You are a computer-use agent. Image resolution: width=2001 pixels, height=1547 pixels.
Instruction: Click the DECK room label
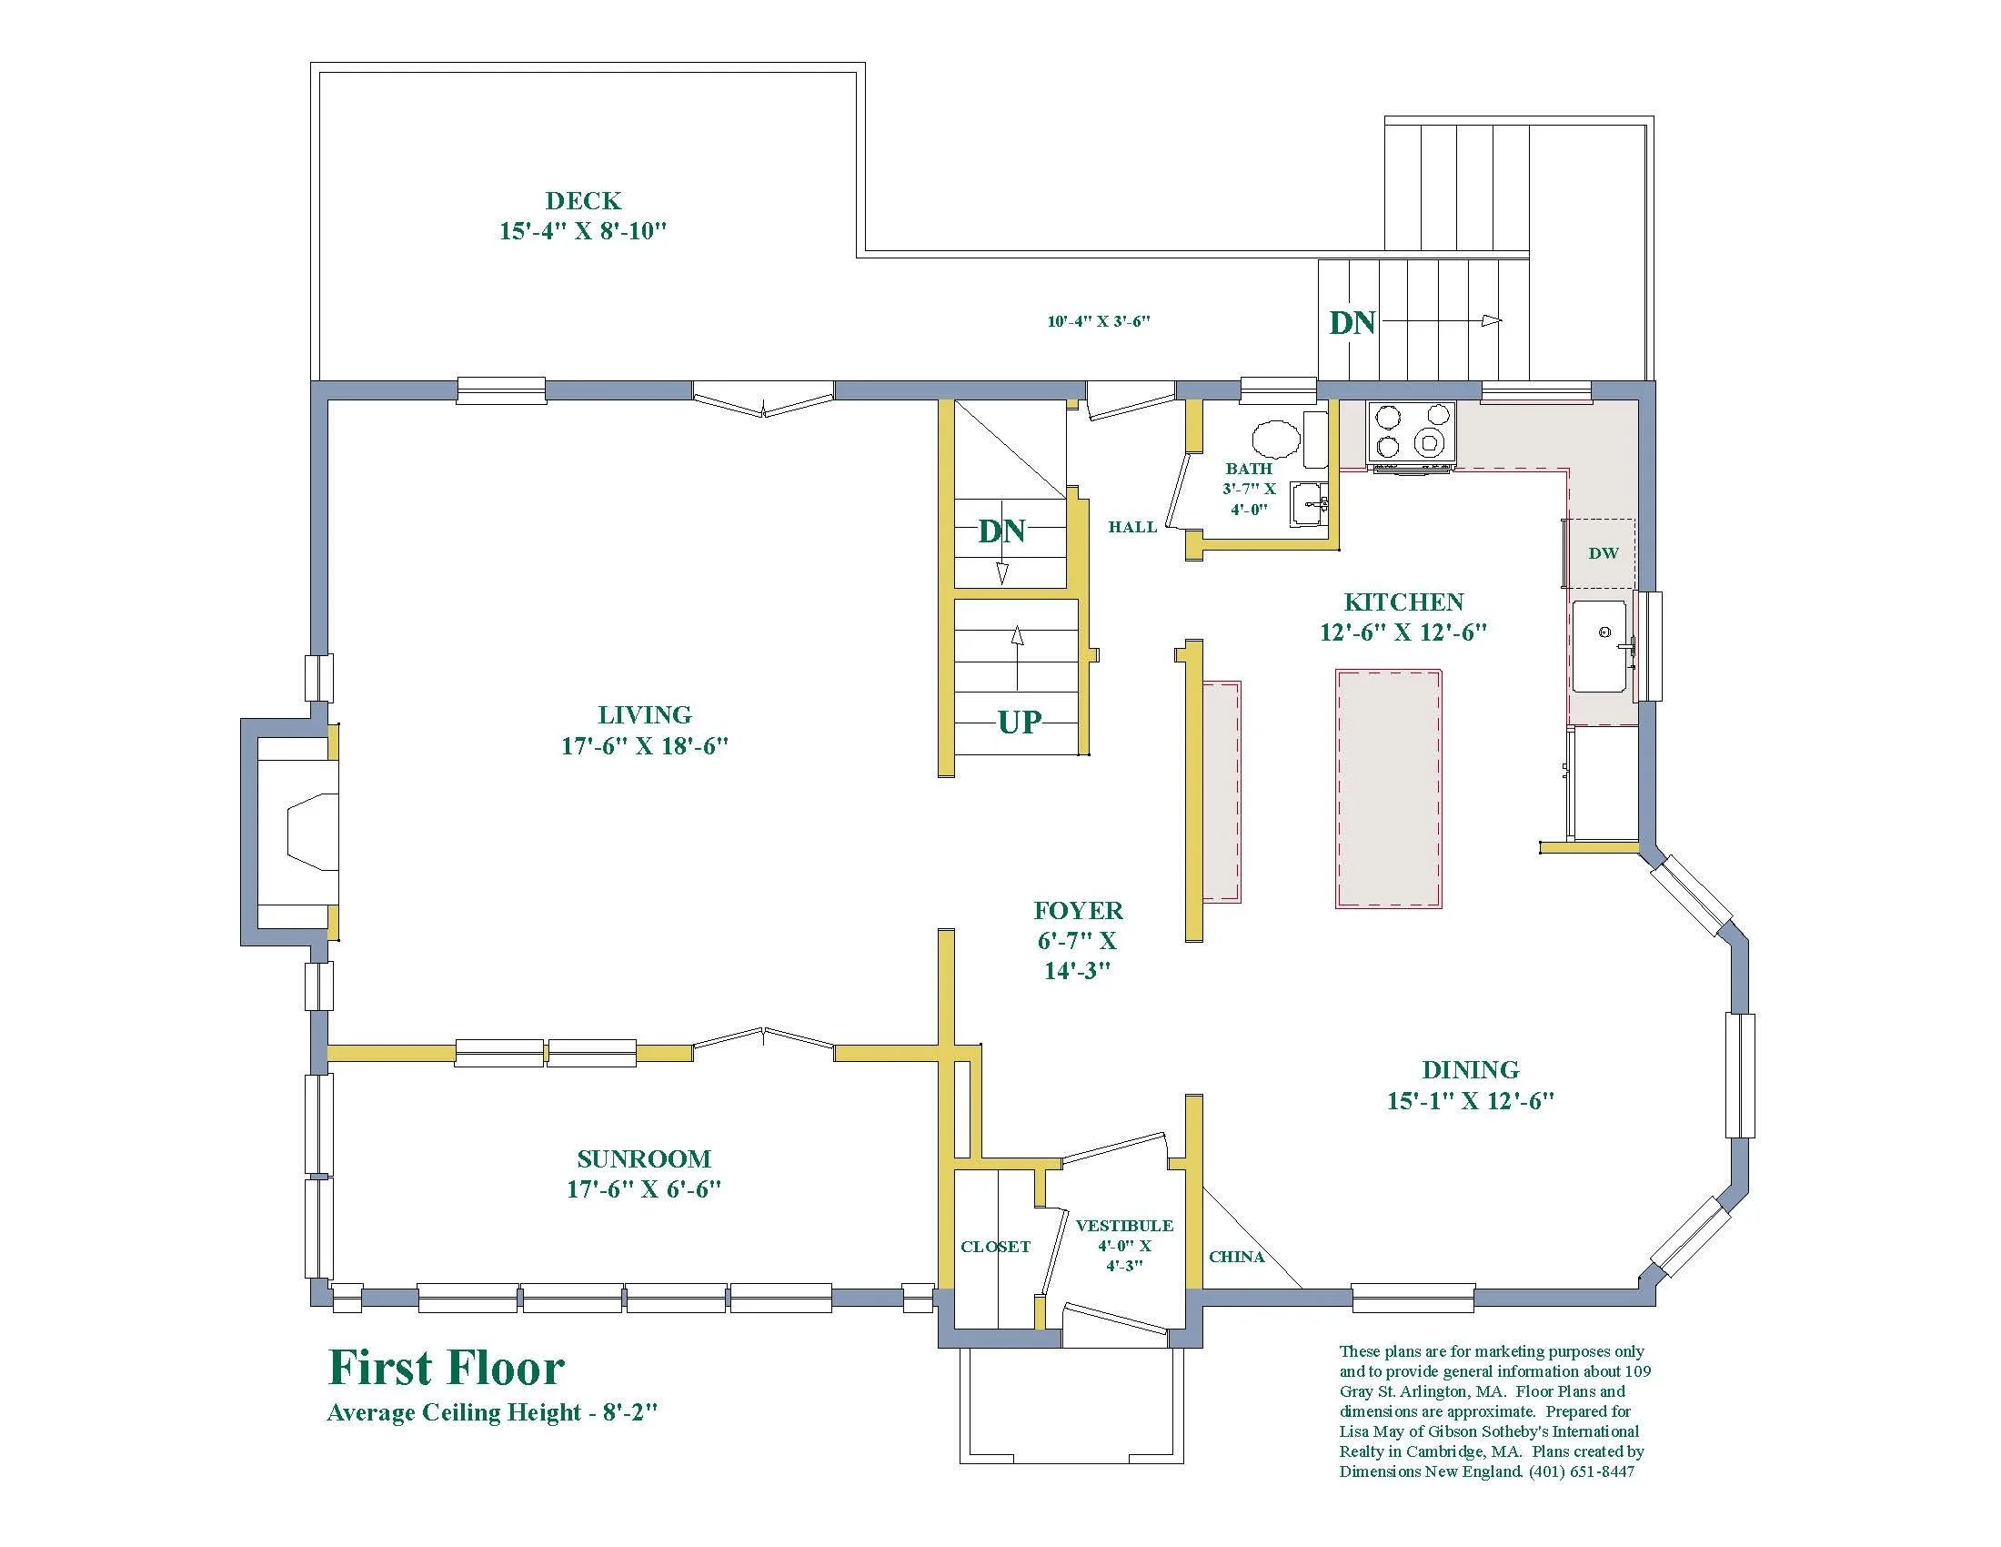(583, 201)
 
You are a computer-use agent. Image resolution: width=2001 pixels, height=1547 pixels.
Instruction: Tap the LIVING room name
(644, 715)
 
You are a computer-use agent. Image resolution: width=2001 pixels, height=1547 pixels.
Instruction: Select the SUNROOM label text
(644, 1158)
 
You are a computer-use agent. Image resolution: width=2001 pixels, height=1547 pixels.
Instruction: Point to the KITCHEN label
(1403, 602)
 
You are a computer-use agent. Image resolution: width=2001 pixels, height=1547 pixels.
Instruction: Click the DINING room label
(1471, 1069)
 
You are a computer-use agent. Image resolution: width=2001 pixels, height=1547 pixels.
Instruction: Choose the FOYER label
(1079, 910)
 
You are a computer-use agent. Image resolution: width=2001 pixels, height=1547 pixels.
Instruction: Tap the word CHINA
(1237, 1257)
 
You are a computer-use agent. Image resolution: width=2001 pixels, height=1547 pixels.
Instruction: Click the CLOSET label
(995, 1247)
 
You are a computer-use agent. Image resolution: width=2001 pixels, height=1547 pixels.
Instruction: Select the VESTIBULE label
(1124, 1226)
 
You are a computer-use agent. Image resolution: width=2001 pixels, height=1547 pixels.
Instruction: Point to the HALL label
(1132, 527)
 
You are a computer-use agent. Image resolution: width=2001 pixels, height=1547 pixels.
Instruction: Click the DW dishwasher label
(1604, 552)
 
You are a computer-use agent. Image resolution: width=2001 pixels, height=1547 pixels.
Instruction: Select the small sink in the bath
(1308, 504)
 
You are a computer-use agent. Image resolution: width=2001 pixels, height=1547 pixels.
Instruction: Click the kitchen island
(1388, 789)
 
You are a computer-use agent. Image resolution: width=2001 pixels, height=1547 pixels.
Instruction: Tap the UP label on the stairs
(1020, 723)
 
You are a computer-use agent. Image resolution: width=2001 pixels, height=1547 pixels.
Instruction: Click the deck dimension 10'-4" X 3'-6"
(1099, 321)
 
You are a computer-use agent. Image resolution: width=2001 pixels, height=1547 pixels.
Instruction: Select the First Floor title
(447, 1369)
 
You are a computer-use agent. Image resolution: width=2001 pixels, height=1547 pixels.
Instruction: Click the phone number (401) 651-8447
(1582, 1471)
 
